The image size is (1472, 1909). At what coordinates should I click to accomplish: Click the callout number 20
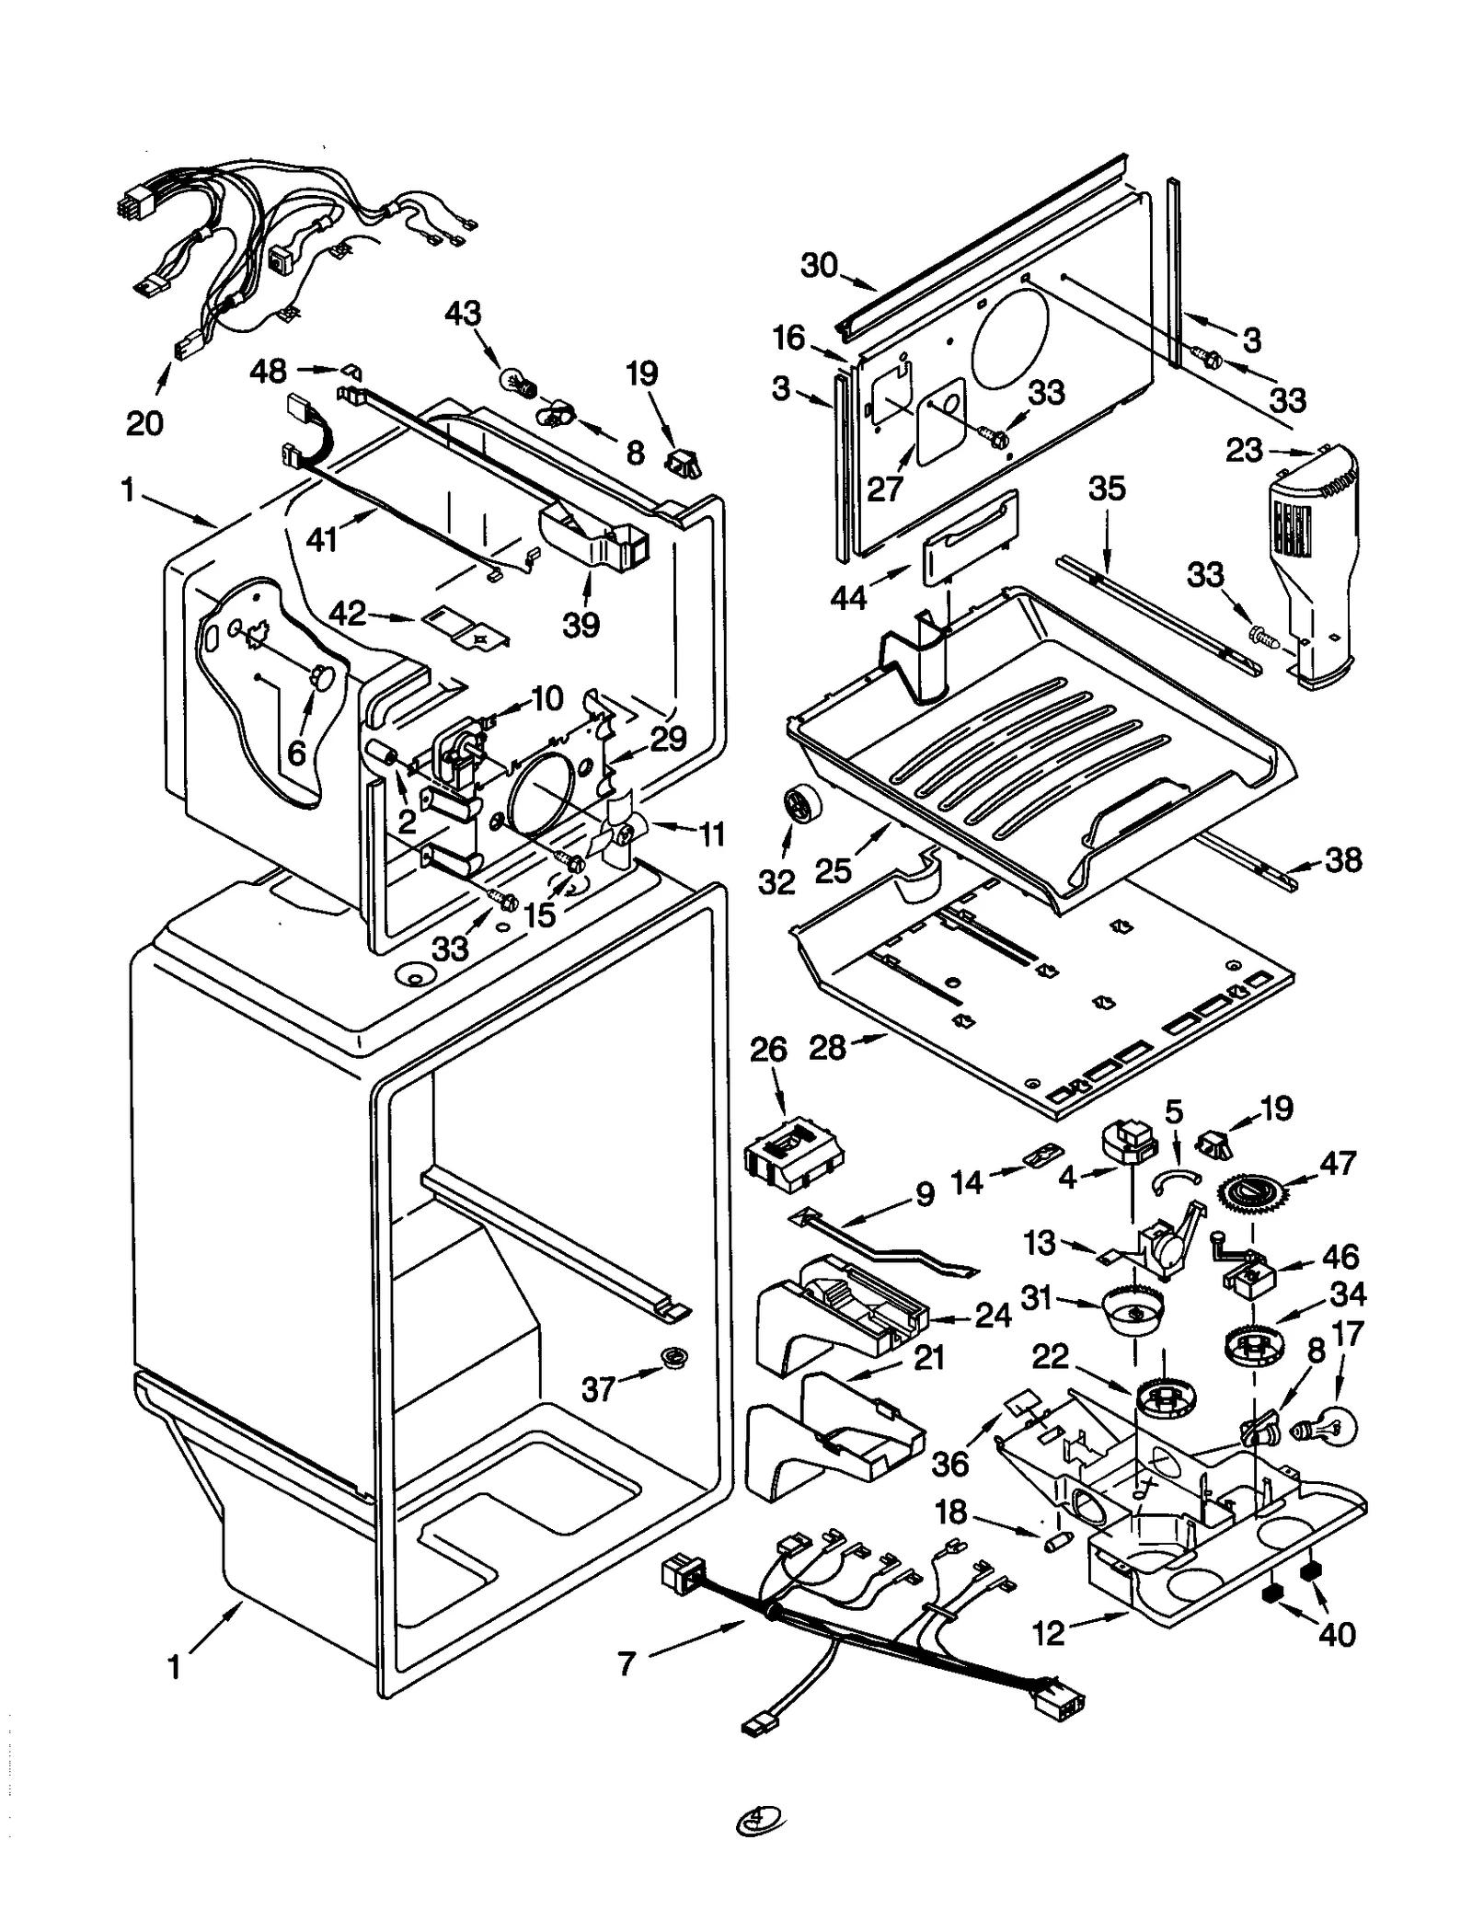click(x=144, y=423)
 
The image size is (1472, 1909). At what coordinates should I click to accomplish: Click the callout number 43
click(x=463, y=314)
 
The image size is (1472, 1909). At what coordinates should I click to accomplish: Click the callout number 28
click(x=827, y=1047)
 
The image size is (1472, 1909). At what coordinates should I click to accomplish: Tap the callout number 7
click(x=627, y=1663)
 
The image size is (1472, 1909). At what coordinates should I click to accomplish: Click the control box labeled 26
click(x=794, y=1154)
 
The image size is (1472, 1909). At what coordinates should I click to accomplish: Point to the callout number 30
click(x=819, y=265)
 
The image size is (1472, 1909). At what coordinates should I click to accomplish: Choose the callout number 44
click(x=848, y=598)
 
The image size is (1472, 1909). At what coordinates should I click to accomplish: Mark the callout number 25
click(x=834, y=870)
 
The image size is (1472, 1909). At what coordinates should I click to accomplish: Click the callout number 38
click(x=1342, y=860)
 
